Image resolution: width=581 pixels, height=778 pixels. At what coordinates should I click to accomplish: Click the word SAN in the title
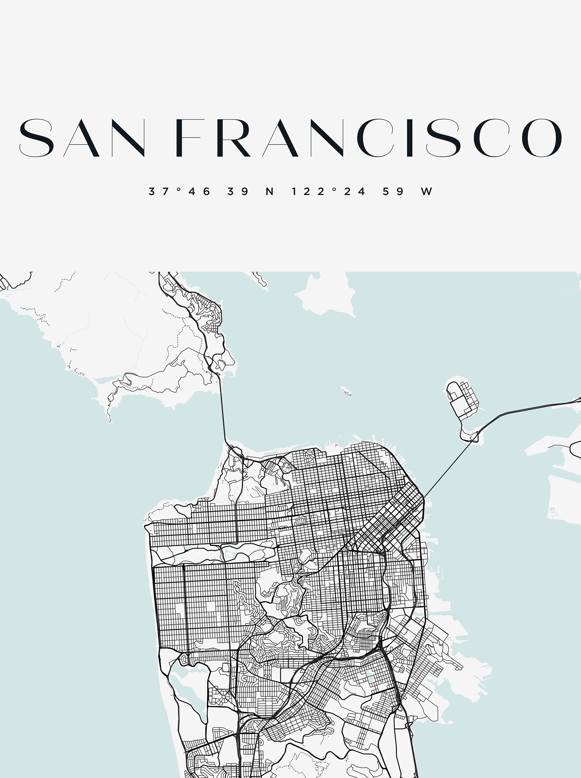(82, 138)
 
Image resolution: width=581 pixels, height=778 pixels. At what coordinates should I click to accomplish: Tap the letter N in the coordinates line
(270, 192)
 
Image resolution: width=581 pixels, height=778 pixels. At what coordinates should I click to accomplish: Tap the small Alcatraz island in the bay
(346, 391)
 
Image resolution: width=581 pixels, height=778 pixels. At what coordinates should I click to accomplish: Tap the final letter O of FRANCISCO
(541, 138)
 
